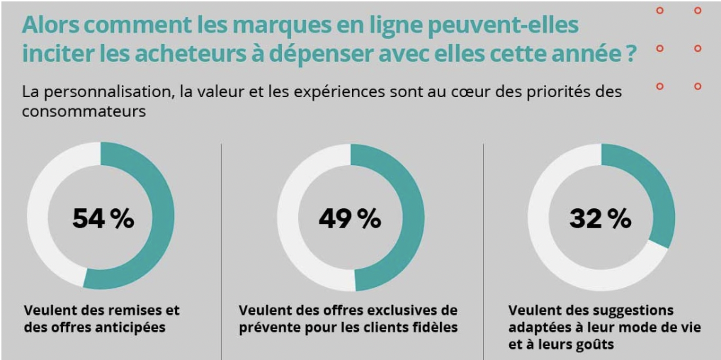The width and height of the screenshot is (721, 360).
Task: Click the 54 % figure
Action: [x=103, y=218]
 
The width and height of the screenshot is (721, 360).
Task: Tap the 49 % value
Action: [x=350, y=218]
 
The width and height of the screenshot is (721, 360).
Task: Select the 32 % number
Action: [x=600, y=218]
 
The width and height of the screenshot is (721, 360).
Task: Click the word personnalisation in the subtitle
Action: [x=105, y=92]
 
